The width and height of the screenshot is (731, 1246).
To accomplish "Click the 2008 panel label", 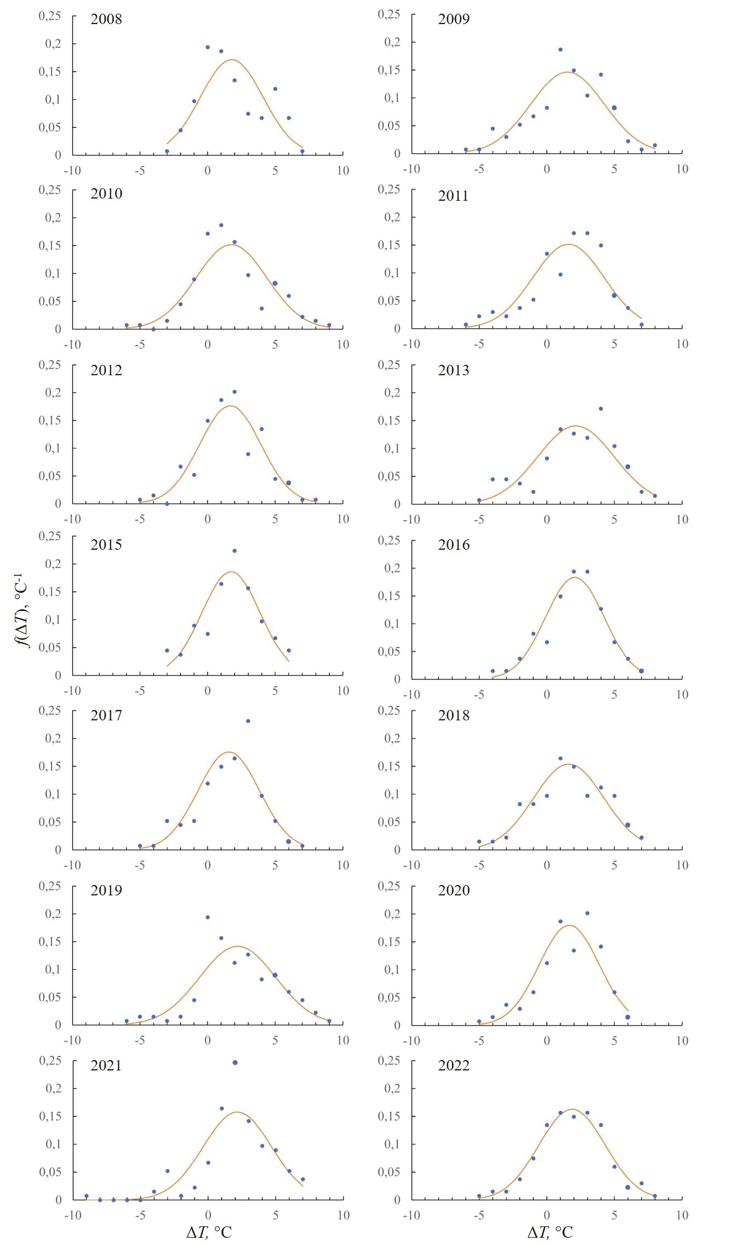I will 106,19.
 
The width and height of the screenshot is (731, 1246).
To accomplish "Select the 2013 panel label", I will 454,370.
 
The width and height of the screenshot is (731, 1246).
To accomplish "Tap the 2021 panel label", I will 106,1065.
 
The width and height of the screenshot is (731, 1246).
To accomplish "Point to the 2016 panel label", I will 454,545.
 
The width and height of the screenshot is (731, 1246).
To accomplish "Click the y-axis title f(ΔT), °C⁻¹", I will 22,610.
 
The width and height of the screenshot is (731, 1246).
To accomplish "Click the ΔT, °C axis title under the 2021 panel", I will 209,1232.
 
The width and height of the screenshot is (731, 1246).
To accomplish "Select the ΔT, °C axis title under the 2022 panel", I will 550,1232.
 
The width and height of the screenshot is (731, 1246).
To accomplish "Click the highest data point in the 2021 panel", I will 235,1062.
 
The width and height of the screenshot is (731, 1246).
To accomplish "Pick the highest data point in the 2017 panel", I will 248,721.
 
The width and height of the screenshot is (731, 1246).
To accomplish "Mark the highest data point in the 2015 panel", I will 235,551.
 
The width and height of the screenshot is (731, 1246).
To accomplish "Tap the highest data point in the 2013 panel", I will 601,409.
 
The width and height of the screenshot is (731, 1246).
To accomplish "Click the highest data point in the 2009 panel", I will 560,50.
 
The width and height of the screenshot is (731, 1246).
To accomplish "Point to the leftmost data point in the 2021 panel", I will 86,1196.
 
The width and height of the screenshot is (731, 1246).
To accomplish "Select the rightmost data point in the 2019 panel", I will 329,1021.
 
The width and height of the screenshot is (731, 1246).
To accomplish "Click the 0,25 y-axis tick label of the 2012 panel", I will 50,365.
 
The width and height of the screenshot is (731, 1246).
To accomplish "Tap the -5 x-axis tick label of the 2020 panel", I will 479,1040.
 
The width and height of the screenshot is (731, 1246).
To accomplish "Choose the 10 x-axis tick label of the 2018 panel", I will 682,865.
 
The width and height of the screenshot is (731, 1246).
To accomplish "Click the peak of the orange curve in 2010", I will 231,244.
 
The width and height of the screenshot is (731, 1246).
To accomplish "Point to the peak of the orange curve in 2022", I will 572,1109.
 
